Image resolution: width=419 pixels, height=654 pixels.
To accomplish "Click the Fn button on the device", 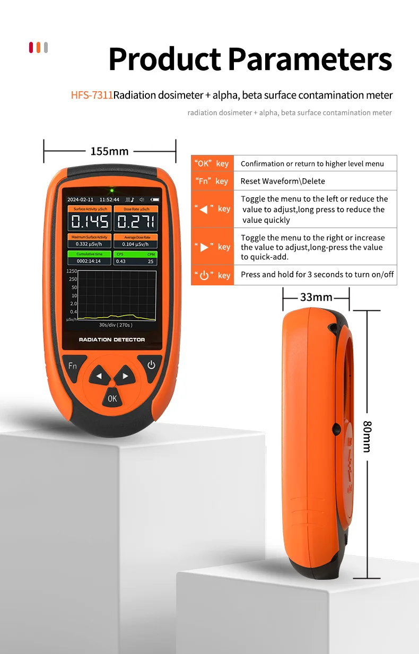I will (x=72, y=366).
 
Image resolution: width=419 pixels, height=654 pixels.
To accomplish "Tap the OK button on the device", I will (x=112, y=398).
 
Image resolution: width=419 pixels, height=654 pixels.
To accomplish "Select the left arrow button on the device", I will (x=99, y=377).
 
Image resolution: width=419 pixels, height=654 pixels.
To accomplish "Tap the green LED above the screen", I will (x=112, y=190).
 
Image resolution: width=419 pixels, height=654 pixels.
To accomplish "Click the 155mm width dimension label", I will (x=109, y=151).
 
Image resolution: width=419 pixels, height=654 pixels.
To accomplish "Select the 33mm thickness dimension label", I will (x=316, y=297).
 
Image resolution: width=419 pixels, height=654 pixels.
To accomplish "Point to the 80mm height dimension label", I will (x=366, y=436).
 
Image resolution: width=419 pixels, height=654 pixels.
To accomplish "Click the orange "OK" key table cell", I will (x=212, y=163).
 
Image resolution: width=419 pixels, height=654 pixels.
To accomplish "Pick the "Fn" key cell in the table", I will (x=212, y=181).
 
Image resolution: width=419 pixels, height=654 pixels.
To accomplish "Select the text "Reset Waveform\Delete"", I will (x=283, y=181).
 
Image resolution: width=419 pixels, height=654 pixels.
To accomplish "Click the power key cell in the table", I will (x=212, y=275).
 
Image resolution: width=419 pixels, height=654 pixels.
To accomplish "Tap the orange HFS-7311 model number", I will (x=92, y=95).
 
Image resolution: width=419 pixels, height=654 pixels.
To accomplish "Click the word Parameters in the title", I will (x=310, y=59).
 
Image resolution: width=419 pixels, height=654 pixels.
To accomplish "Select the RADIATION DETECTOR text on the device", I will (x=112, y=339).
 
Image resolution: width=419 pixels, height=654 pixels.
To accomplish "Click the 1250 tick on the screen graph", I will (x=72, y=271).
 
